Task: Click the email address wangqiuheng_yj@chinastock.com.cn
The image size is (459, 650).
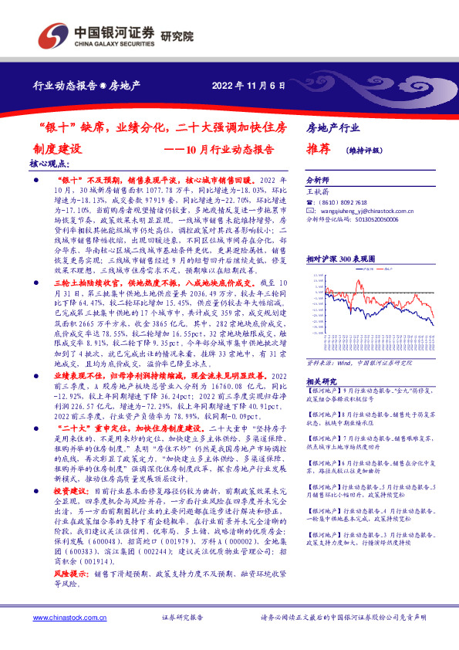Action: tap(366, 210)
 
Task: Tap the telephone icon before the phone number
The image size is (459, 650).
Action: tap(310, 200)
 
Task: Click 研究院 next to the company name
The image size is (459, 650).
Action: tap(177, 37)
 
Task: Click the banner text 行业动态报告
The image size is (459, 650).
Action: tap(68, 85)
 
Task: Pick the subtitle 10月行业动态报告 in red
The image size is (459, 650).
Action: tap(229, 149)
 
